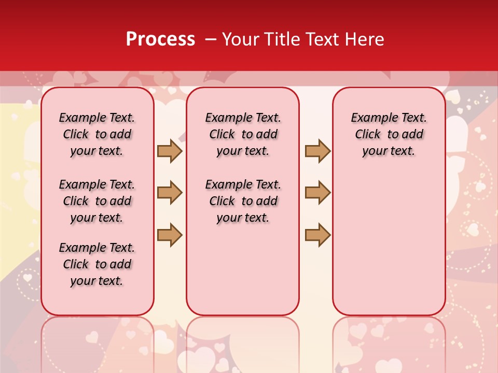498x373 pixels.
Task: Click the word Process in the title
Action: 160,39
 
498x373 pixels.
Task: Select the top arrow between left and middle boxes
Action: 170,151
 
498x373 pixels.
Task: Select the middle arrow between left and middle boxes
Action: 170,193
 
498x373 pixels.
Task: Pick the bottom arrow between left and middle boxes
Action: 170,235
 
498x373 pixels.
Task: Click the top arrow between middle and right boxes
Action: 317,151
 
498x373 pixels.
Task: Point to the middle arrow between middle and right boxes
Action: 317,193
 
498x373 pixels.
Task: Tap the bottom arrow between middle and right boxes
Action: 317,235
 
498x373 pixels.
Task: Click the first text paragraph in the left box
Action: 97,134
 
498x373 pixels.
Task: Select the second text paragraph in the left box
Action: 97,201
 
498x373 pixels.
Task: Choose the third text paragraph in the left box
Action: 97,264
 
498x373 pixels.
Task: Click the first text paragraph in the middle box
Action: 243,134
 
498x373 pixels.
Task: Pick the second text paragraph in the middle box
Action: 243,201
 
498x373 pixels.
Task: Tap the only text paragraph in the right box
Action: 389,134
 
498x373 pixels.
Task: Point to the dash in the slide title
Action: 211,39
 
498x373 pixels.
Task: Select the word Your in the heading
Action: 241,39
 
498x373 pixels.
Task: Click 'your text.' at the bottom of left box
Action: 97,281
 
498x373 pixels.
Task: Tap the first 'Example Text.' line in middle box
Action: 243,118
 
